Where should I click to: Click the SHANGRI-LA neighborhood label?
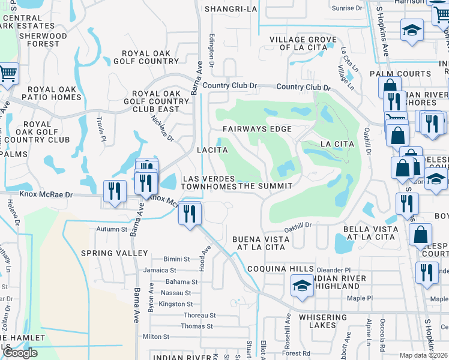tap(231, 9)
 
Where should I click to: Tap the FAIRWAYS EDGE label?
tap(257, 129)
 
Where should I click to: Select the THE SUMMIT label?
tap(265, 187)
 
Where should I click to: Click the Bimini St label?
tap(178, 259)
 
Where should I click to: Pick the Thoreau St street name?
tap(199, 315)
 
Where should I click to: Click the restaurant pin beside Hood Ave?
tap(190, 214)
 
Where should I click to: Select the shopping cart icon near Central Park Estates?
tap(8, 74)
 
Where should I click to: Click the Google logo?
tap(20, 353)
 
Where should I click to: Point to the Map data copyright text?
tap(423, 355)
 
